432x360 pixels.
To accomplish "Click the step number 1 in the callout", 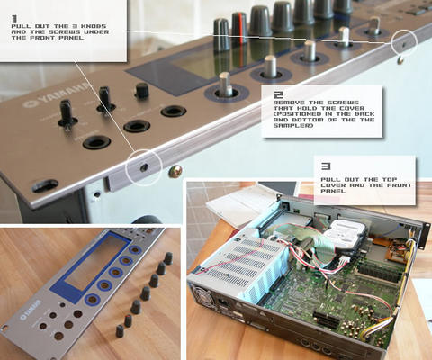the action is click(14, 19).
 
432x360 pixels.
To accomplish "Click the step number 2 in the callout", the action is click(278, 95).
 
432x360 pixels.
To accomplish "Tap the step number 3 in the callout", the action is click(326, 166).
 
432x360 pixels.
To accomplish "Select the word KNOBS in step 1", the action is click(92, 26).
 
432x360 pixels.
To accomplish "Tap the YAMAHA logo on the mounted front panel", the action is click(57, 96).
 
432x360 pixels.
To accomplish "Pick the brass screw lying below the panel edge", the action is click(175, 171).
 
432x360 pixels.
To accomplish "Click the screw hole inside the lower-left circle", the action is click(145, 167).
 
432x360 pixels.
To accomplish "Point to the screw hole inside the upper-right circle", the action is click(404, 44).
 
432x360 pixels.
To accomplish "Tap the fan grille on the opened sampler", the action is click(203, 293).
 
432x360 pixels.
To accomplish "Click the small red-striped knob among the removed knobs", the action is click(129, 320).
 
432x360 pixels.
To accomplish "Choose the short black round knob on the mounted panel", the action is click(142, 91).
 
